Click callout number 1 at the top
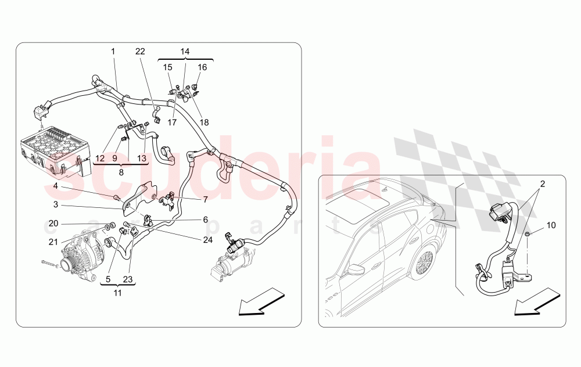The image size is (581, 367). [x=113, y=52]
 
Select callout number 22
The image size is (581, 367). [x=140, y=52]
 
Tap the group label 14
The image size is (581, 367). [x=185, y=52]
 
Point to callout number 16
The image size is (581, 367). [x=202, y=67]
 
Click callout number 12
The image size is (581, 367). [x=100, y=157]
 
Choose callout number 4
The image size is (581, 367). [x=56, y=186]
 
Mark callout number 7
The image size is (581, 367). [x=205, y=200]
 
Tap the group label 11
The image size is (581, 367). [x=118, y=293]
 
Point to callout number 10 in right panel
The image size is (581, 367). [x=551, y=224]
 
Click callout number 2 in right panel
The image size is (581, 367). [x=542, y=183]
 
